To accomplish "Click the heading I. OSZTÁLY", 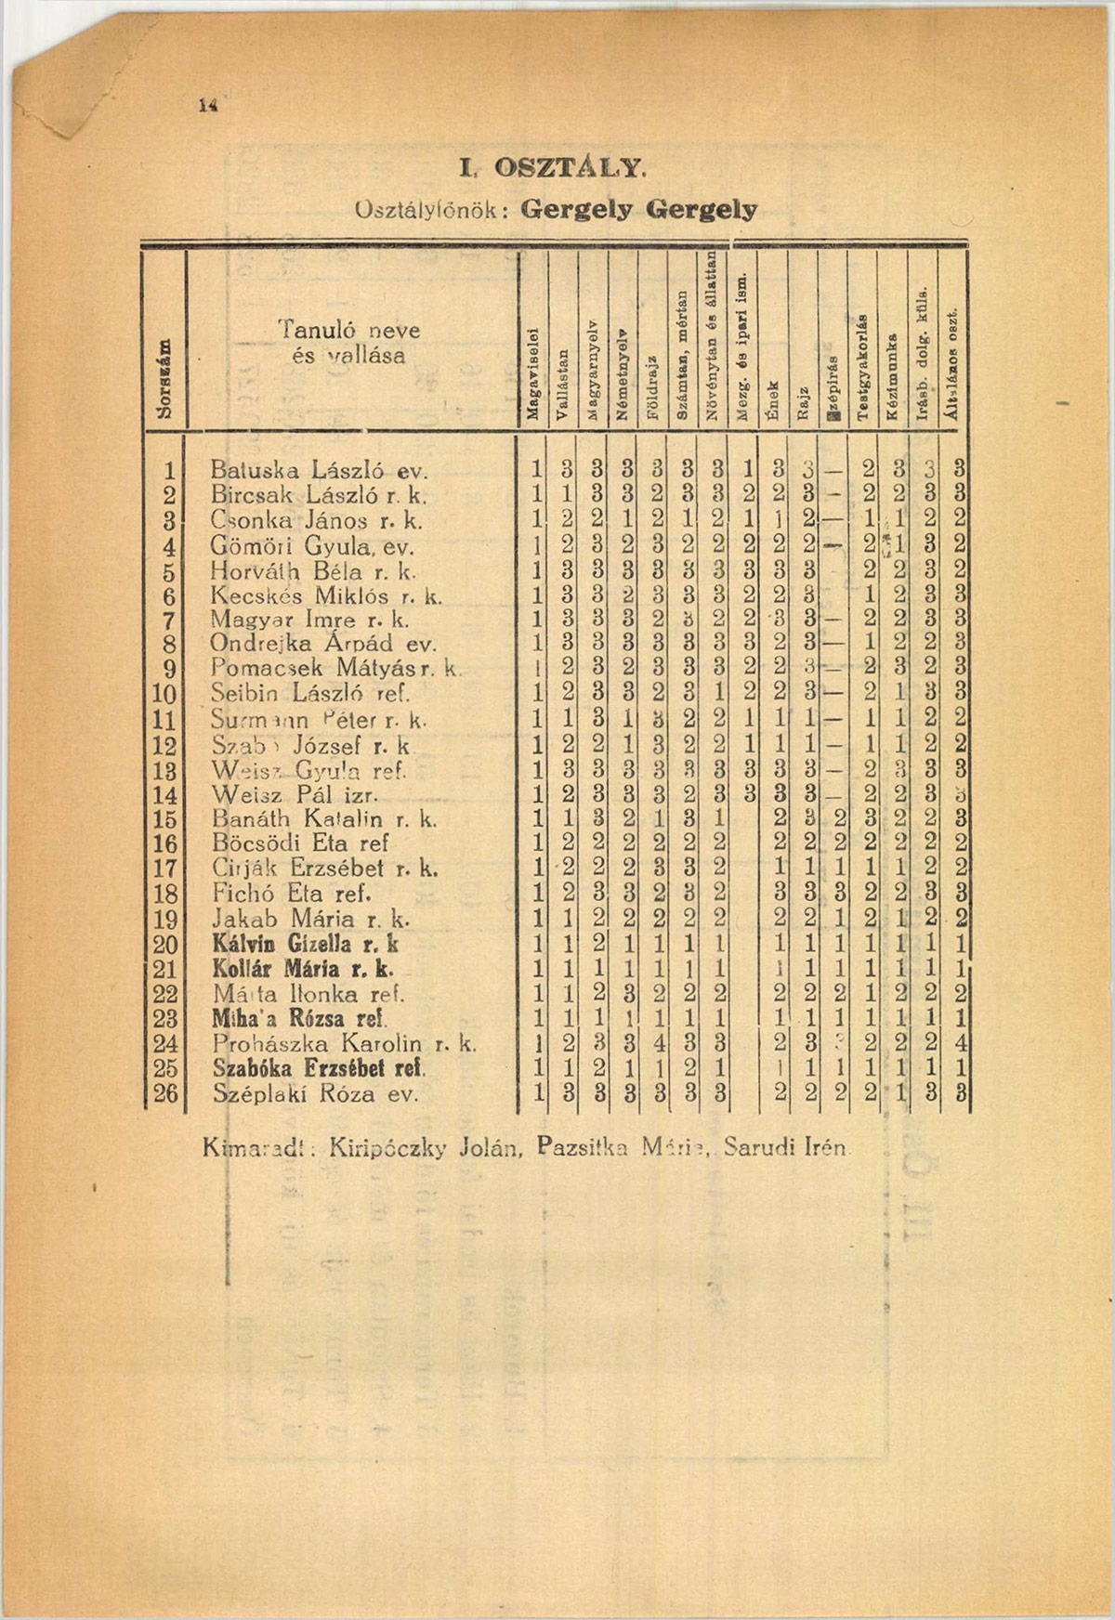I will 551,170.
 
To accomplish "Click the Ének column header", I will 773,400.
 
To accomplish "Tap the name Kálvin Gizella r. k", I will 306,945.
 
